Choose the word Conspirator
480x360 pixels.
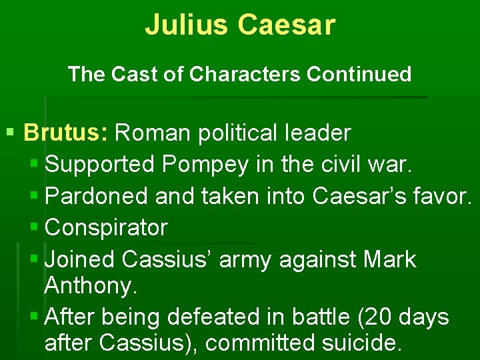[106, 227]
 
